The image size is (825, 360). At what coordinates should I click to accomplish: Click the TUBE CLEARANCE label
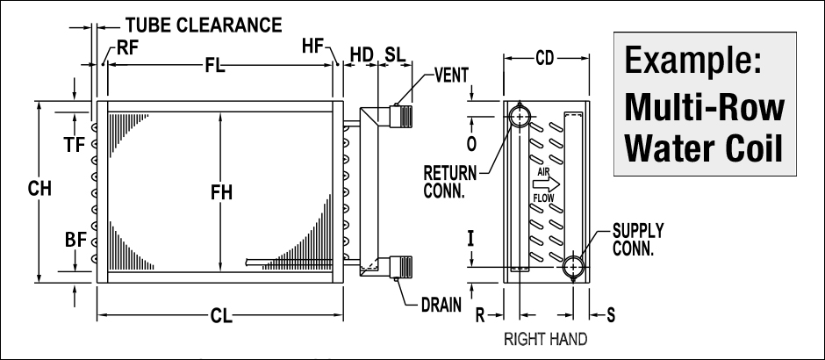pyautogui.click(x=203, y=25)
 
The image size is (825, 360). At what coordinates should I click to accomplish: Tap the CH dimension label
pyautogui.click(x=39, y=188)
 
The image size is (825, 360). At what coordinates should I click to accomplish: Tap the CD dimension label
pyautogui.click(x=546, y=60)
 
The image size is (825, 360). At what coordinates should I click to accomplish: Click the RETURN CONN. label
pyautogui.click(x=451, y=177)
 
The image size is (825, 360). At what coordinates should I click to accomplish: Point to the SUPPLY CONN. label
pyautogui.click(x=638, y=240)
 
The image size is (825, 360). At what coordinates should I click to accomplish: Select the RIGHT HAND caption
pyautogui.click(x=545, y=338)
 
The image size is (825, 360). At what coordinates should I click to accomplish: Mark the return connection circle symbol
pyautogui.click(x=520, y=115)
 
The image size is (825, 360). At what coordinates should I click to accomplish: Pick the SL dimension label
pyautogui.click(x=395, y=54)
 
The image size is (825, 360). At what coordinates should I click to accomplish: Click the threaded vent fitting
pyautogui.click(x=405, y=114)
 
